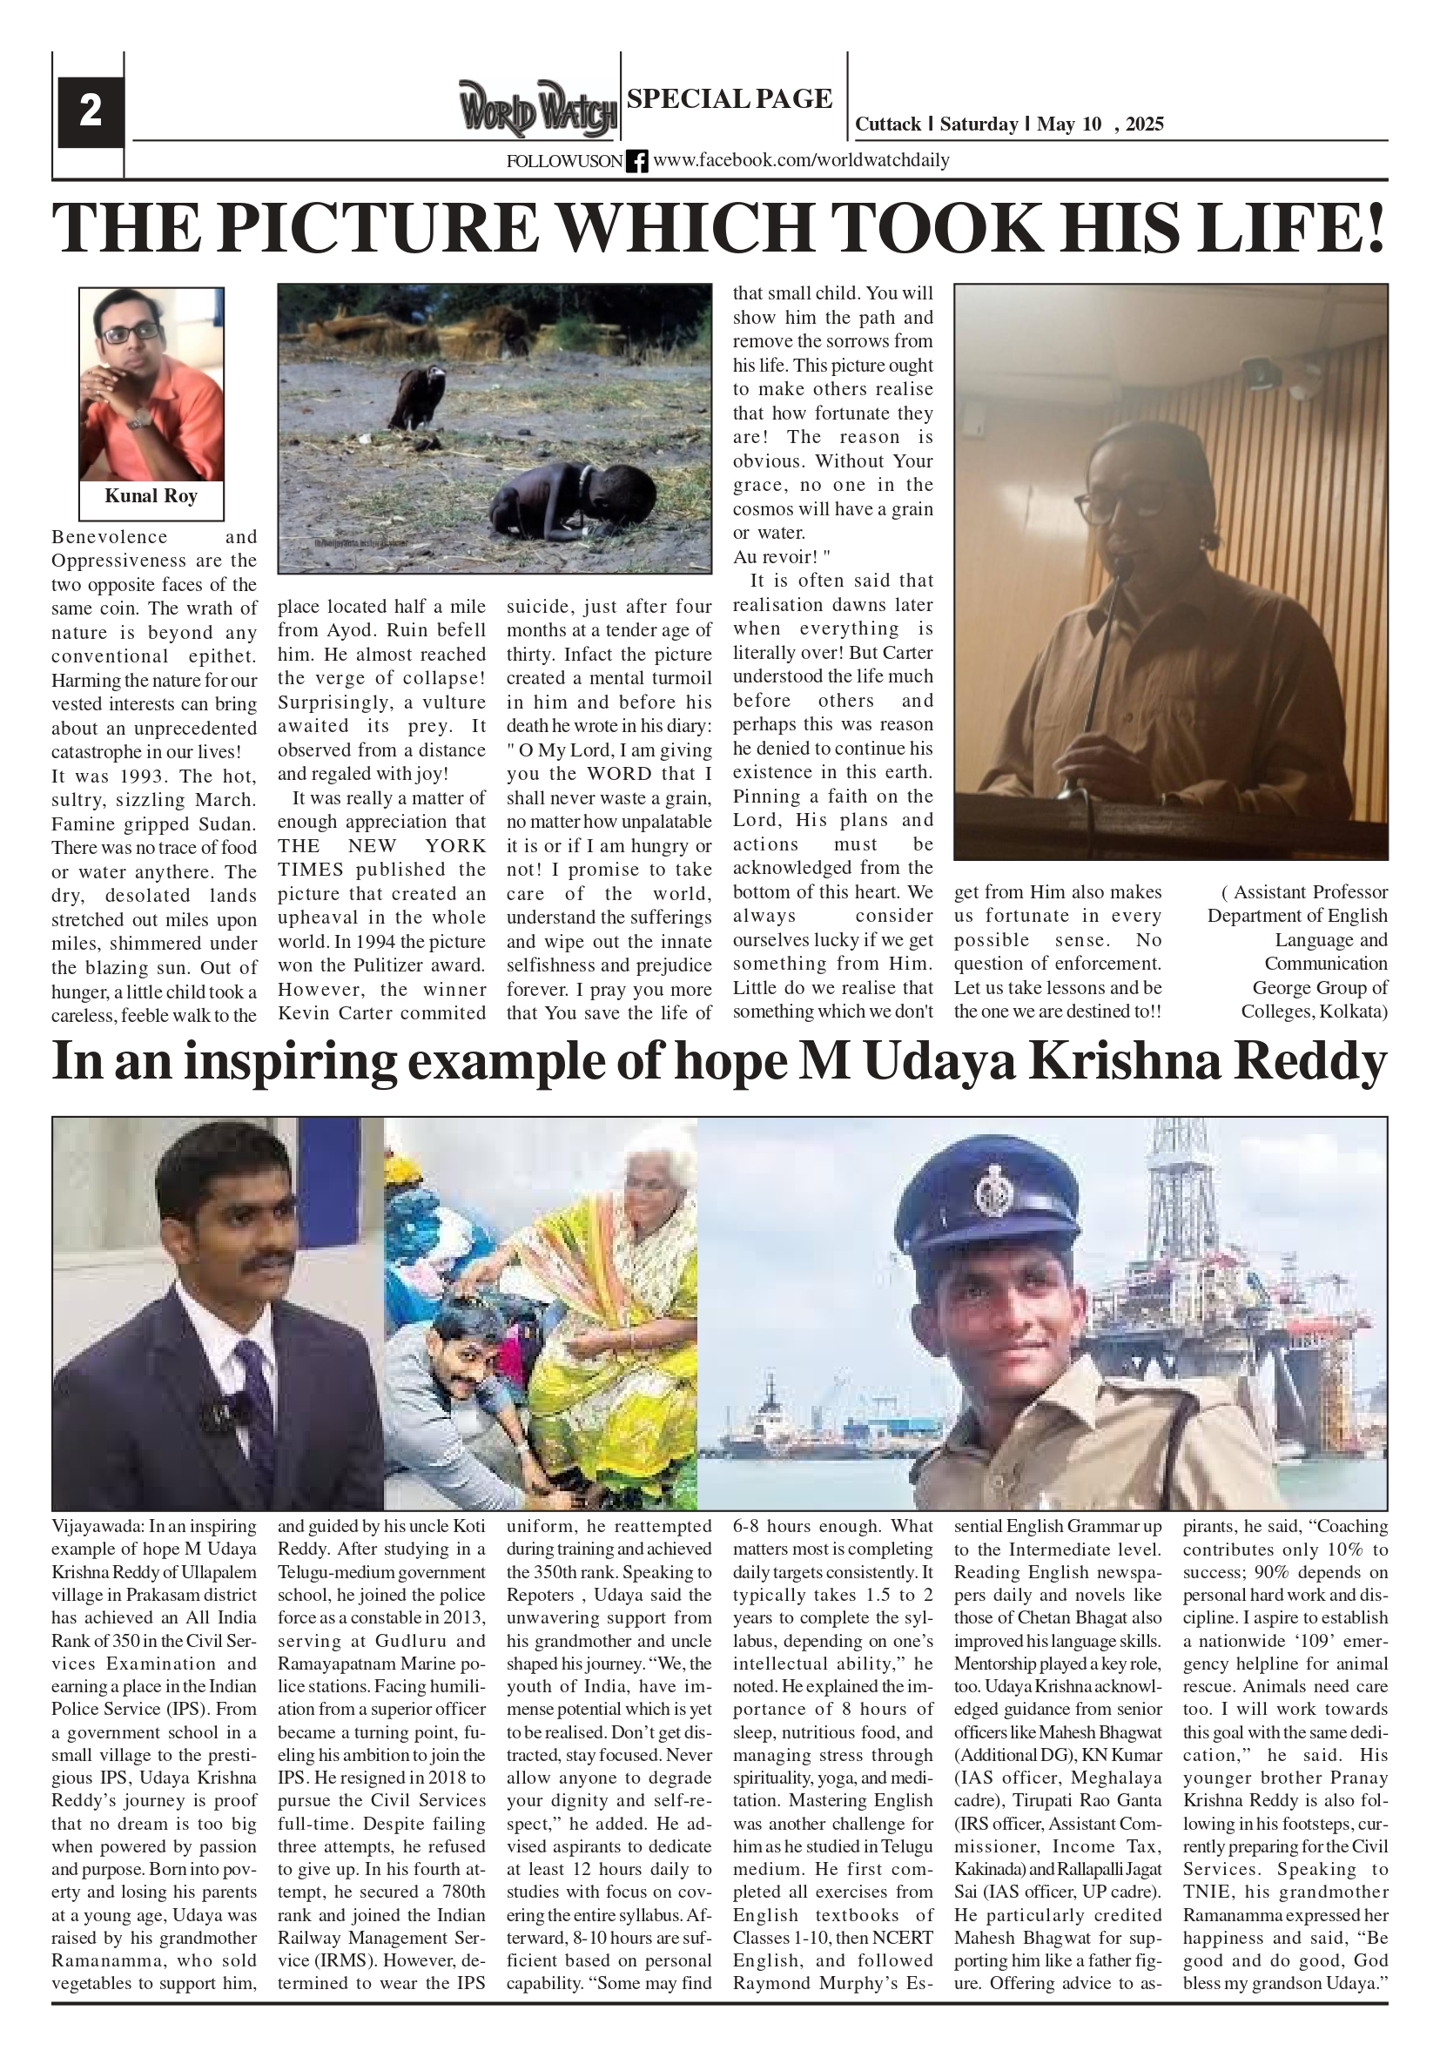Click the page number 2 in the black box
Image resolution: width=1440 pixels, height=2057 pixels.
(90, 112)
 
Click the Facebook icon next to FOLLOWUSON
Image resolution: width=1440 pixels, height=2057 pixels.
(636, 161)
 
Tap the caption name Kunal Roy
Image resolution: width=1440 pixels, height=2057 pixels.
(151, 496)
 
